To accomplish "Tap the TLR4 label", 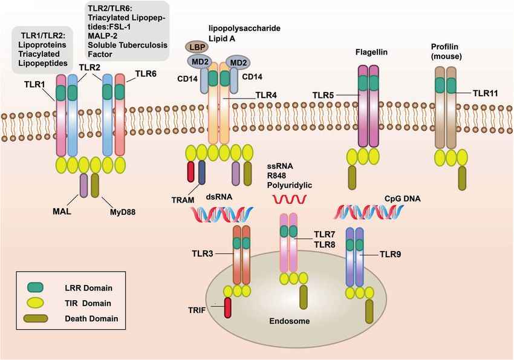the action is pyautogui.click(x=266, y=96).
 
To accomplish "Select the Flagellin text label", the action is pyautogui.click(x=371, y=52).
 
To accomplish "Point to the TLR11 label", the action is pyautogui.click(x=485, y=93).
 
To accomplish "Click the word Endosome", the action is pyautogui.click(x=290, y=321).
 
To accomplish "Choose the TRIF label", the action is pyautogui.click(x=197, y=310).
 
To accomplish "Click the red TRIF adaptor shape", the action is pyautogui.click(x=227, y=307).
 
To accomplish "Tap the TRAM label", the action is pyautogui.click(x=183, y=200).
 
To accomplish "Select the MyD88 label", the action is pyautogui.click(x=123, y=212).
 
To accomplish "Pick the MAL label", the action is pyautogui.click(x=62, y=212).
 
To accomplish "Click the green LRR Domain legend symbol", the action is pyautogui.click(x=35, y=287).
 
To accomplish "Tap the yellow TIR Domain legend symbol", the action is pyautogui.click(x=35, y=303).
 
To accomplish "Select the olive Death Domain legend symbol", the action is pyautogui.click(x=36, y=318).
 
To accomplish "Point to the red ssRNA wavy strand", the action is pyautogui.click(x=290, y=198).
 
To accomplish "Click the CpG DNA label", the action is pyautogui.click(x=403, y=198).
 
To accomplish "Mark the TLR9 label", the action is pyautogui.click(x=390, y=255).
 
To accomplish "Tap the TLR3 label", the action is pyautogui.click(x=203, y=254).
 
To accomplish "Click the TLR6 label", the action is pyautogui.click(x=146, y=74).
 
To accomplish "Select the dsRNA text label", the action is pyautogui.click(x=219, y=197).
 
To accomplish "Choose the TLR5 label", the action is pyautogui.click(x=324, y=96).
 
